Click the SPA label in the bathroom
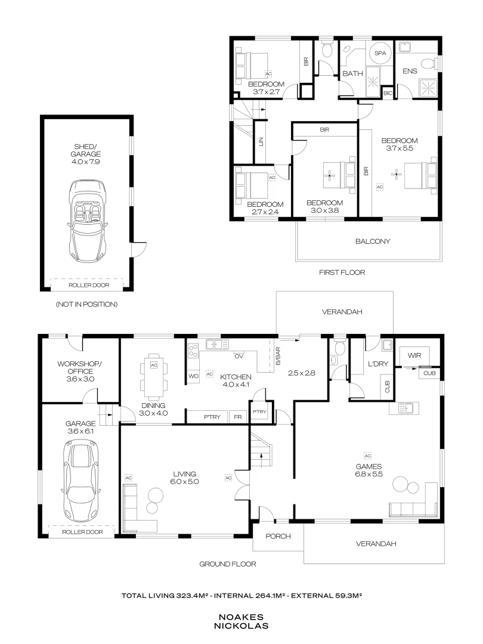380,54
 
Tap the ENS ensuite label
410,72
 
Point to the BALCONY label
373,241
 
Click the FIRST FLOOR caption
342,272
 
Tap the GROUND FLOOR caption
227,563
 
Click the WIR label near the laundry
414,355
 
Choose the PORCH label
278,536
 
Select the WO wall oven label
193,376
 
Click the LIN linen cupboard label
261,141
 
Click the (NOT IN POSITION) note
86,304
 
